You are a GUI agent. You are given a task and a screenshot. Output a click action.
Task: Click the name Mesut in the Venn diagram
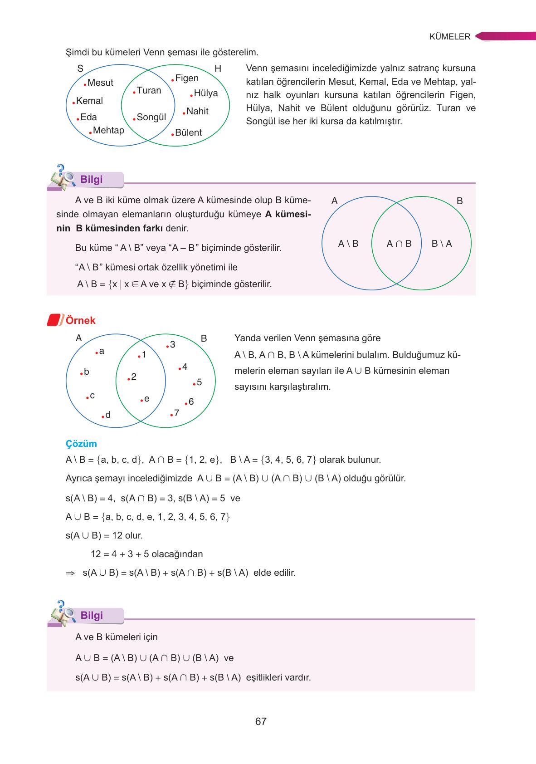pos(100,83)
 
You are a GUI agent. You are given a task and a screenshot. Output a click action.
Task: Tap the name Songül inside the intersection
pos(151,118)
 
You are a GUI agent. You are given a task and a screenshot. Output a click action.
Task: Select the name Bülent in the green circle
pos(188,133)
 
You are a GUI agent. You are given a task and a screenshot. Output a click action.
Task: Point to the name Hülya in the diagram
pos(205,93)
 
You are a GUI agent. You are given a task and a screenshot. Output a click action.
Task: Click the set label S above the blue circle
pos(80,69)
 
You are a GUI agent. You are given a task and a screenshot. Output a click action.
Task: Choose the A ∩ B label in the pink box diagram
pos(399,244)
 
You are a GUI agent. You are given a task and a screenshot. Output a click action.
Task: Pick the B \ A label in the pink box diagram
pos(442,244)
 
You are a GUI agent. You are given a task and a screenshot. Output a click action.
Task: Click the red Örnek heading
pos(81,320)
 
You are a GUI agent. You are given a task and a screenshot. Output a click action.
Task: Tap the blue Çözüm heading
pos(81,444)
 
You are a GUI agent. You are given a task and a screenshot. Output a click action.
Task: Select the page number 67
pos(261,721)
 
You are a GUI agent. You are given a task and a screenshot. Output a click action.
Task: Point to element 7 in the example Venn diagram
pos(176,413)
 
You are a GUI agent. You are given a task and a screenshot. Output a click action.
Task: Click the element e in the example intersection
pos(146,399)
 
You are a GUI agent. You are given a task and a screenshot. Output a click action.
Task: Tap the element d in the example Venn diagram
pos(108,415)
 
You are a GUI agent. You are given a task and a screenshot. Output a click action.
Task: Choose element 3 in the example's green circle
pos(172,345)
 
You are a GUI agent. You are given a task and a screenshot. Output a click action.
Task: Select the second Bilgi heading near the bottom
pos(92,615)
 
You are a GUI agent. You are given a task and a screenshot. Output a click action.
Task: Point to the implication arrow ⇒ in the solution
pos(70,573)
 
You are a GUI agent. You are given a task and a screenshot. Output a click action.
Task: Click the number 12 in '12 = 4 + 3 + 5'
pos(96,554)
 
